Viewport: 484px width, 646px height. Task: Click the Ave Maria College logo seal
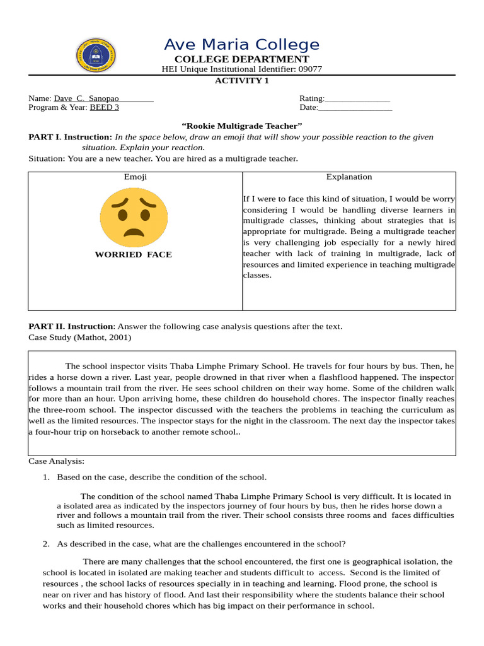[96, 55]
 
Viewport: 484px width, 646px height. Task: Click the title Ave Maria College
[241, 45]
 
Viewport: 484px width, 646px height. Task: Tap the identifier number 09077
[310, 69]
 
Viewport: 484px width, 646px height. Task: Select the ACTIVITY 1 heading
[241, 80]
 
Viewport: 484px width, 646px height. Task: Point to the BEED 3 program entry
[105, 107]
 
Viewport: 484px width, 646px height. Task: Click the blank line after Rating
[357, 99]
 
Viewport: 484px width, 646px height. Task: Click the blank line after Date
[355, 108]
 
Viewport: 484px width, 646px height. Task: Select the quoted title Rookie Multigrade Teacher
[241, 126]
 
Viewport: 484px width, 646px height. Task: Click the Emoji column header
[135, 177]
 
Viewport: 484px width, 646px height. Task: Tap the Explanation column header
[349, 177]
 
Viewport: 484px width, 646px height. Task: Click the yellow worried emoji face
[134, 217]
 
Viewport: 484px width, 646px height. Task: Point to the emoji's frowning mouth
[134, 232]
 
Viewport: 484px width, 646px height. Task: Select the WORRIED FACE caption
[133, 255]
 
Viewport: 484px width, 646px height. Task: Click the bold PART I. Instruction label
[70, 137]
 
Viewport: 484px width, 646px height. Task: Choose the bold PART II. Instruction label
[72, 326]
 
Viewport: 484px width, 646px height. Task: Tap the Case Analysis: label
[56, 461]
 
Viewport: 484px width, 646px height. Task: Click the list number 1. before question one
[46, 477]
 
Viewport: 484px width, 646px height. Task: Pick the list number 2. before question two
[46, 544]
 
